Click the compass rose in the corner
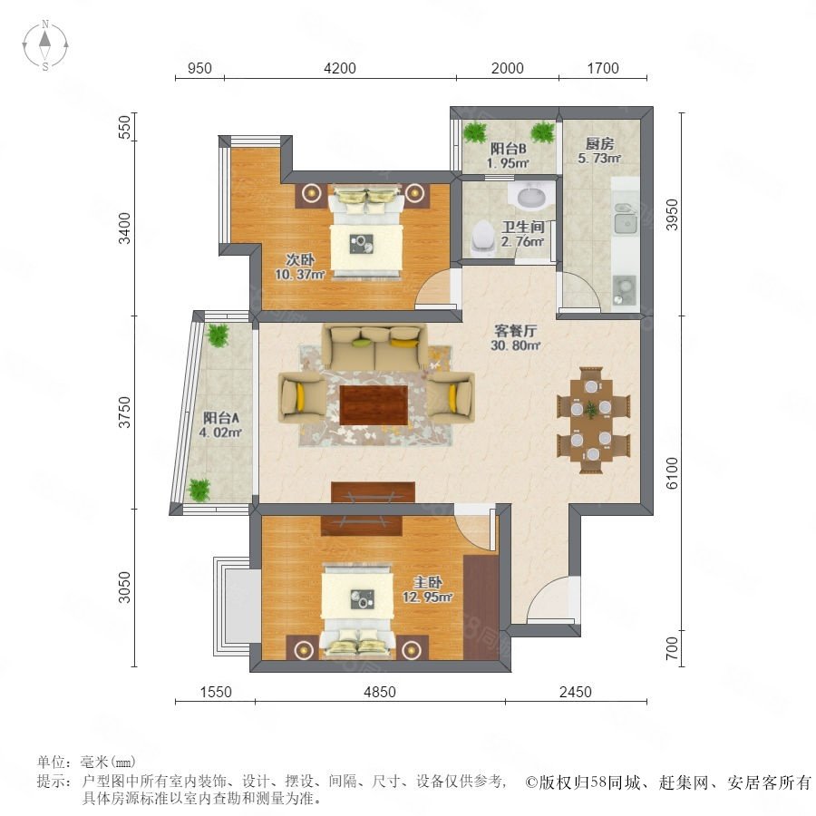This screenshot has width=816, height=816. (x=45, y=45)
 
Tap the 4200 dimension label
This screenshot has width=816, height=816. (x=340, y=68)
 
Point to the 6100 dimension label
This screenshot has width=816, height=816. (x=672, y=473)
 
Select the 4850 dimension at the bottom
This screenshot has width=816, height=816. (x=380, y=692)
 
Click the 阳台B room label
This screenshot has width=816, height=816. (x=509, y=149)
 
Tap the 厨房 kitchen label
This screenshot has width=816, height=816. (x=599, y=143)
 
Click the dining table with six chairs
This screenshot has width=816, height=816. (x=593, y=420)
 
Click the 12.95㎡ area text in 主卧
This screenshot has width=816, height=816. (x=427, y=597)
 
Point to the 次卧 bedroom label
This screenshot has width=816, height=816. (x=300, y=259)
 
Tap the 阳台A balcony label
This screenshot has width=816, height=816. (x=220, y=417)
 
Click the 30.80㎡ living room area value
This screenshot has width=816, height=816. (x=515, y=345)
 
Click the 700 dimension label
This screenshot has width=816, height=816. (x=672, y=648)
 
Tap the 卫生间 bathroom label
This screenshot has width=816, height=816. (x=523, y=227)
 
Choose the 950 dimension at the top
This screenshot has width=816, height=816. (x=199, y=68)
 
